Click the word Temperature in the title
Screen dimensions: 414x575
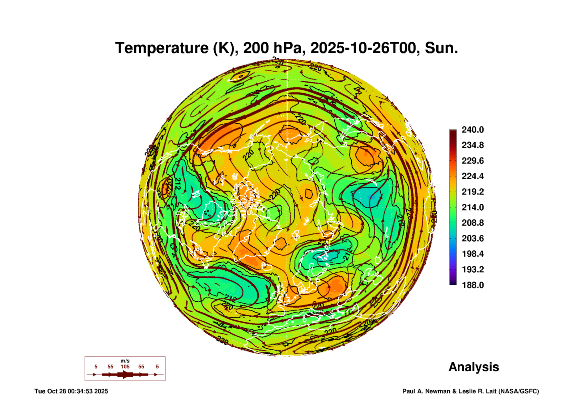tap(162, 48)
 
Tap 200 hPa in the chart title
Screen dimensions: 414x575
tap(272, 48)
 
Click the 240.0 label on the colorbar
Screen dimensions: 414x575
tap(472, 130)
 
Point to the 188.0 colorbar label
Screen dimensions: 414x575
tap(472, 285)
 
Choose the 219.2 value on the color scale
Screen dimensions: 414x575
tap(472, 192)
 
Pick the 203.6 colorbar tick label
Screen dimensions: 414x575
tap(472, 238)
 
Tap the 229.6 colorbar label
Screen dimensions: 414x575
tap(472, 161)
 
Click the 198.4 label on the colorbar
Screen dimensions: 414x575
tap(472, 254)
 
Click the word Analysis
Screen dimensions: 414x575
tap(474, 367)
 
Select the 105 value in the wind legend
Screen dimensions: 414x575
tap(125, 367)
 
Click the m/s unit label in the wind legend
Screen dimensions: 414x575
tap(125, 361)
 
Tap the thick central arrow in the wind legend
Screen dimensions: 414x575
tap(125, 374)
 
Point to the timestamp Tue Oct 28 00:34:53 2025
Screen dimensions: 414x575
tap(71, 391)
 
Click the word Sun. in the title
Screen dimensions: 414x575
tap(441, 48)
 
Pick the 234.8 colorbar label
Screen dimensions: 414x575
tap(472, 145)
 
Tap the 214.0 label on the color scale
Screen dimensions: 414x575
tap(472, 207)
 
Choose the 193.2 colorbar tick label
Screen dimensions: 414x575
tap(472, 269)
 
